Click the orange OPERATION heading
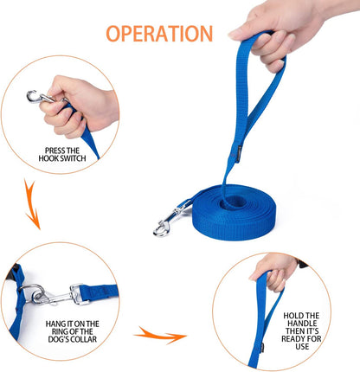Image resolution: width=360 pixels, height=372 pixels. click(x=159, y=34)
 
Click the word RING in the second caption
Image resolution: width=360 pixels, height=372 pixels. click(x=55, y=334)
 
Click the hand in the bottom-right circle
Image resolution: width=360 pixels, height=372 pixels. click(x=273, y=270)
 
